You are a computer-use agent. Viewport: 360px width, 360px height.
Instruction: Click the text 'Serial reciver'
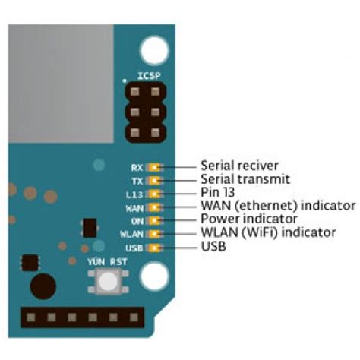coord(239,165)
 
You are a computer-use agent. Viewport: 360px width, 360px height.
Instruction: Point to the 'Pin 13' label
coord(219,192)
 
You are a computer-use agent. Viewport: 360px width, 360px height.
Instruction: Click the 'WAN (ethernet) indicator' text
coord(277,206)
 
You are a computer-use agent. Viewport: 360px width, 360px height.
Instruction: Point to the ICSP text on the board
coord(147,75)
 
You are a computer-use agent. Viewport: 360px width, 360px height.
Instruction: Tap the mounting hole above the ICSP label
coord(155,49)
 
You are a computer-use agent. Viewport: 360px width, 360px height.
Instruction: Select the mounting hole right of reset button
coord(155,273)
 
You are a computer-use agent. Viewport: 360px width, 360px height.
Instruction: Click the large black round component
coord(43,287)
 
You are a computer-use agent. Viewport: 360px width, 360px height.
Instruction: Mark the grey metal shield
coord(61,84)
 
